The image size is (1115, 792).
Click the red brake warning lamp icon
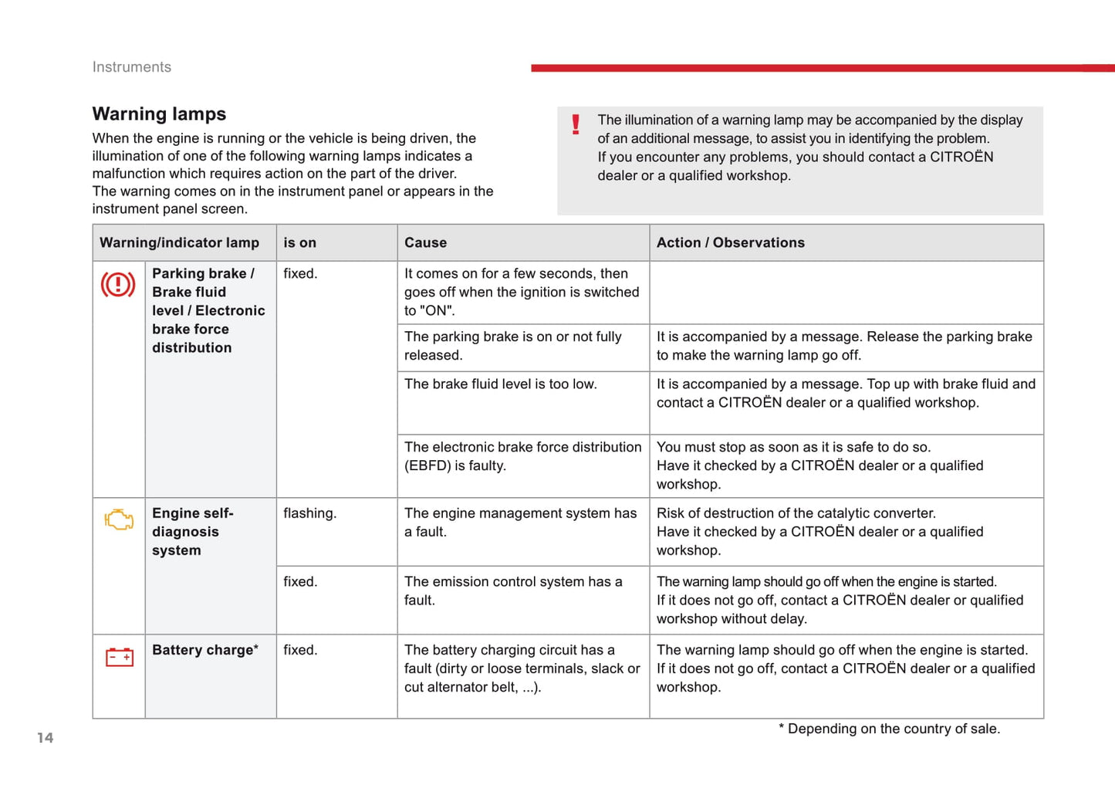pyautogui.click(x=118, y=285)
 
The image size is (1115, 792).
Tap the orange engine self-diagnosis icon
pyautogui.click(x=119, y=520)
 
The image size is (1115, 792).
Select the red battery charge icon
pyautogui.click(x=119, y=657)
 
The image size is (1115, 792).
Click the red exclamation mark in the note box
pyautogui.click(x=576, y=124)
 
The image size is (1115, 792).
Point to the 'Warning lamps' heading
pyautogui.click(x=159, y=114)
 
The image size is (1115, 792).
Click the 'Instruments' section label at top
pyautogui.click(x=132, y=67)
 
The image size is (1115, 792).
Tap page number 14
pyautogui.click(x=46, y=738)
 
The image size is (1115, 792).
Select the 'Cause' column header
pyautogui.click(x=425, y=242)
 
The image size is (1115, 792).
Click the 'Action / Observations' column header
pyautogui.click(x=730, y=242)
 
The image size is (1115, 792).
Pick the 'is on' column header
pyautogui.click(x=299, y=242)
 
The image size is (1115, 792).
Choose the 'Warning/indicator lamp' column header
pyautogui.click(x=179, y=242)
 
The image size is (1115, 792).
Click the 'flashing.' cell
pyautogui.click(x=309, y=513)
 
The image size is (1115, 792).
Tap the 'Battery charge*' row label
pyautogui.click(x=205, y=650)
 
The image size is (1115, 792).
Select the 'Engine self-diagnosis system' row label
pyautogui.click(x=192, y=532)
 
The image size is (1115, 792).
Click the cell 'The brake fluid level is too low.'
pyautogui.click(x=500, y=384)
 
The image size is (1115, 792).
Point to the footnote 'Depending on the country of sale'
pyautogui.click(x=889, y=729)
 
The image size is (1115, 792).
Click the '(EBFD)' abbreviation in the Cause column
pyautogui.click(x=427, y=465)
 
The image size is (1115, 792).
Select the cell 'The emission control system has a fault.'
pyautogui.click(x=513, y=591)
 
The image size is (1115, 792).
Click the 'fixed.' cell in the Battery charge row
pyautogui.click(x=300, y=650)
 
